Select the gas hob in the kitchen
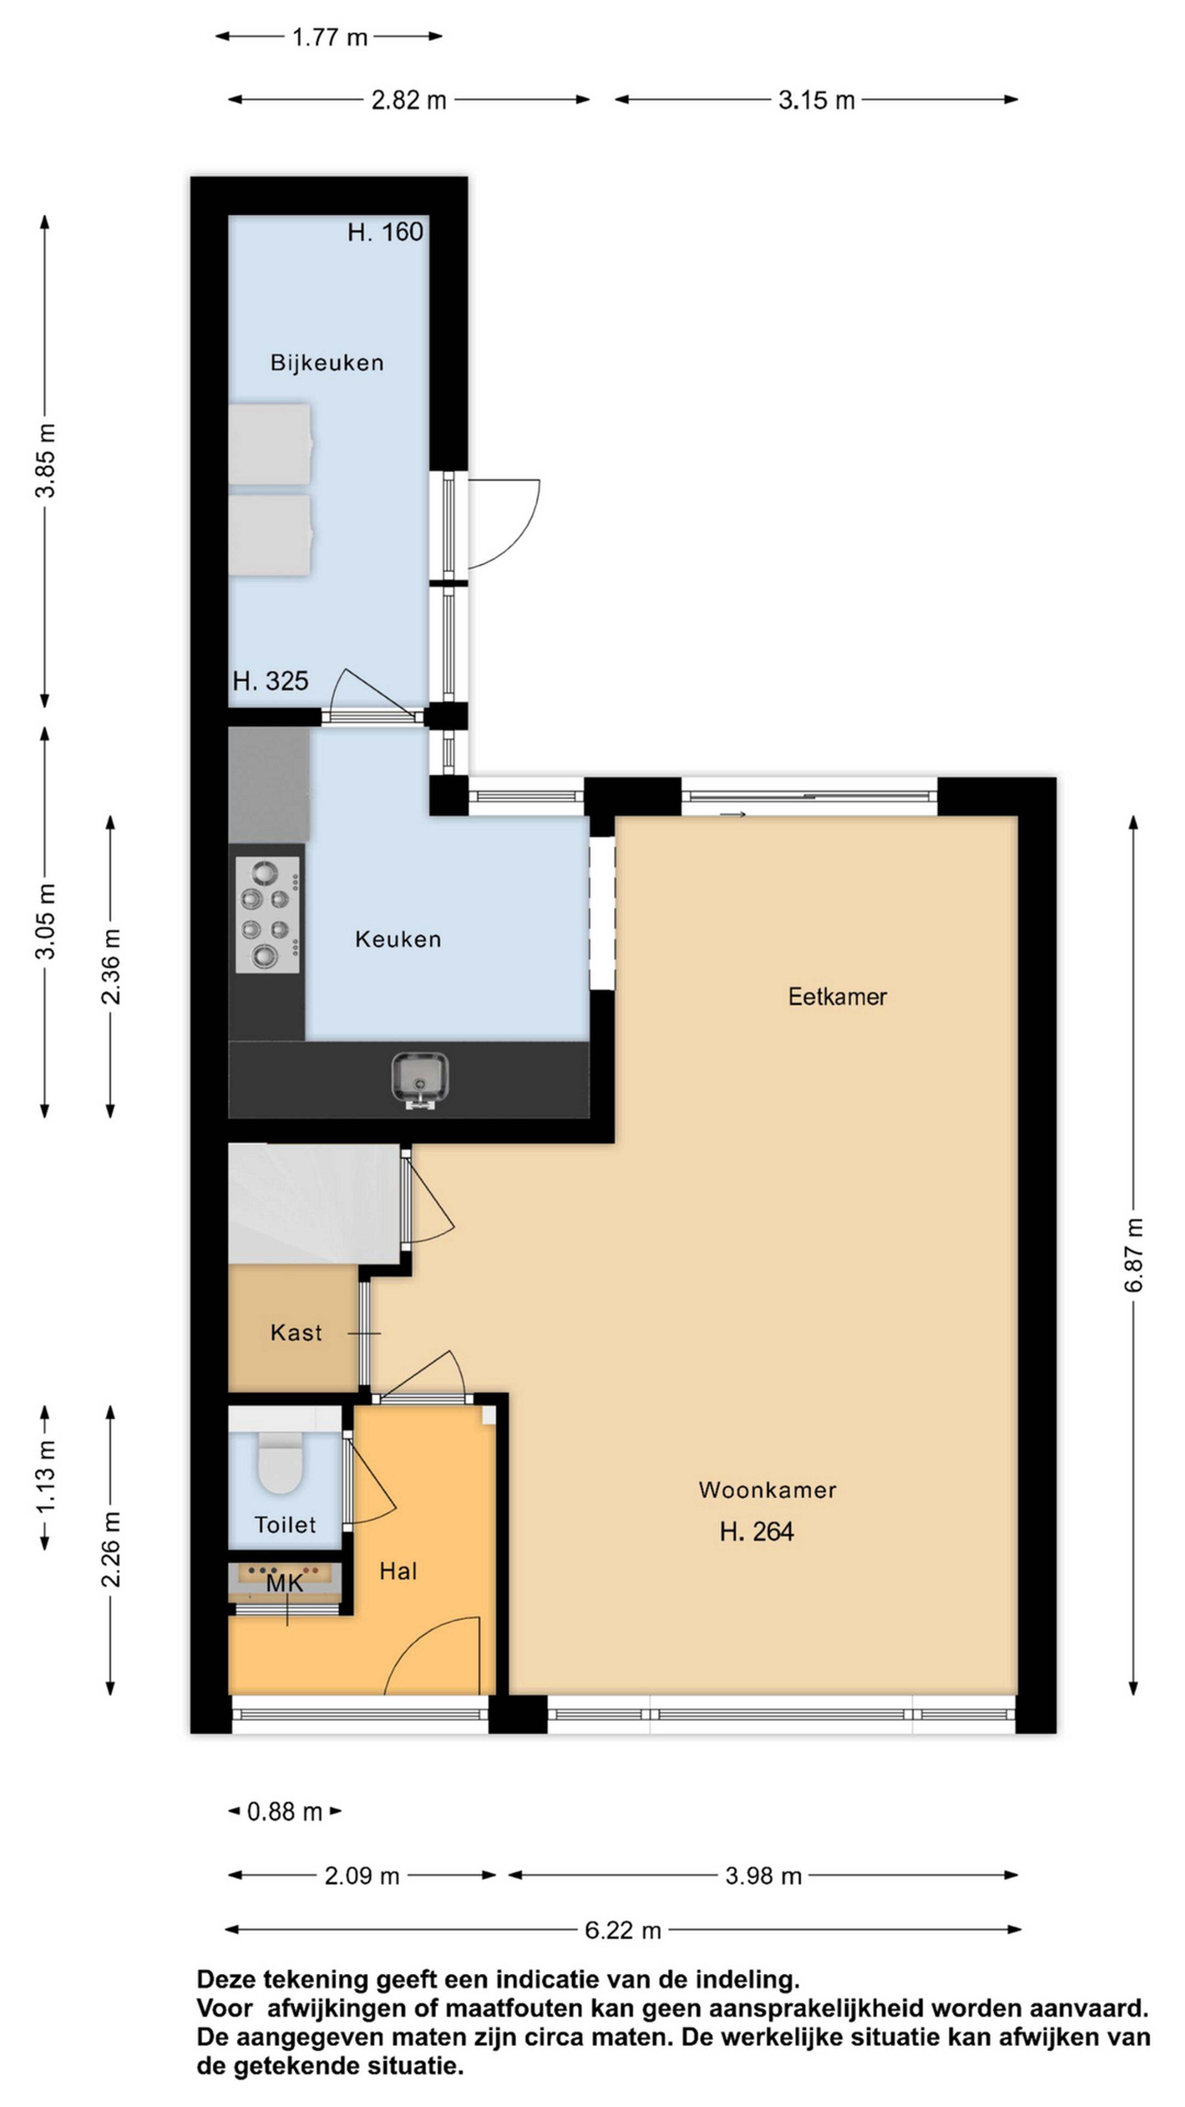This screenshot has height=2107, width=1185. tap(268, 915)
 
